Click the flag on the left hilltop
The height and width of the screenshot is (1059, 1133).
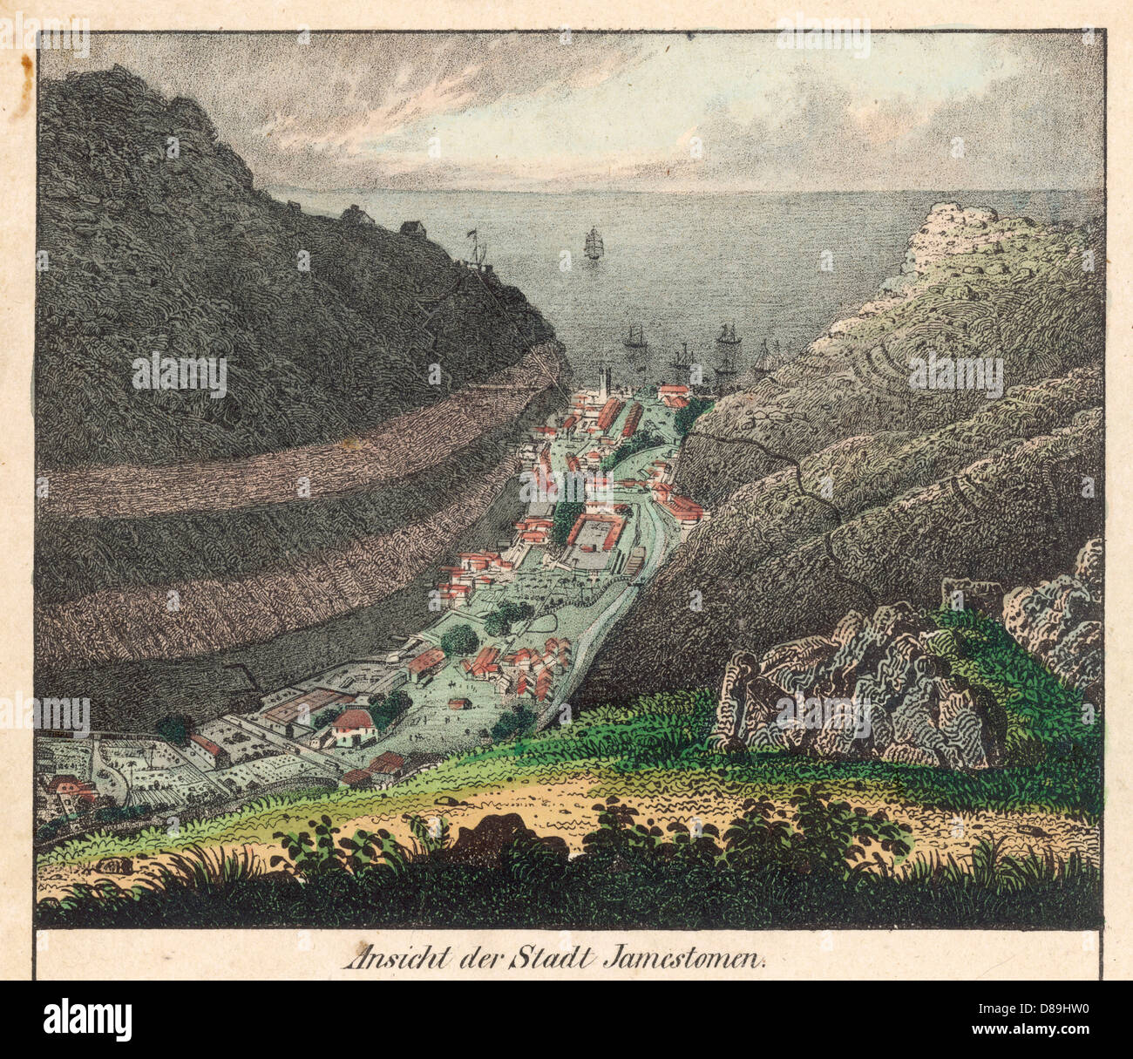tap(474, 234)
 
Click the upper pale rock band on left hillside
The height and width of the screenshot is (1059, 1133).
tap(288, 453)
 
